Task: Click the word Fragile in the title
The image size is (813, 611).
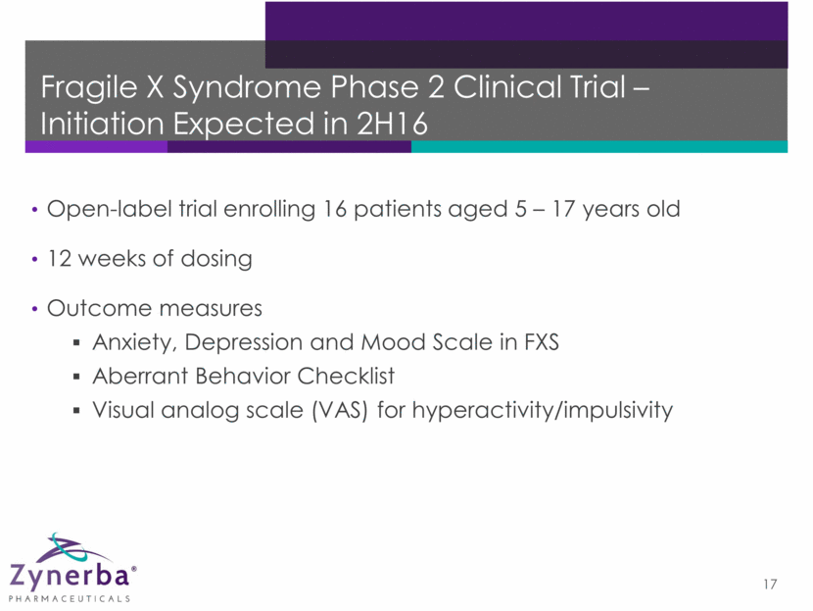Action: point(89,87)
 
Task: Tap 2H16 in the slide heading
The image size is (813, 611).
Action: point(392,124)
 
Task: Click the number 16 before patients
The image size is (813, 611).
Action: point(334,209)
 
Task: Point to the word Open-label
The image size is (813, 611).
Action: point(110,209)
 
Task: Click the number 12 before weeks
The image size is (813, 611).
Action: point(59,259)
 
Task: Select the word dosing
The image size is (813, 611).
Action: point(216,259)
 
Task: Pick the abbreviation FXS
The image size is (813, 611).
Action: point(542,342)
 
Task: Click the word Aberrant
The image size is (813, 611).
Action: point(140,376)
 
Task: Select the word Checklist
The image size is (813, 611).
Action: point(347,376)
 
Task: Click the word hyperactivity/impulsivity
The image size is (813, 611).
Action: point(543,411)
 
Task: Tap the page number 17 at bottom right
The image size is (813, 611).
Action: point(770,585)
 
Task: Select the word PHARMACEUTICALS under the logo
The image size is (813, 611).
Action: point(70,599)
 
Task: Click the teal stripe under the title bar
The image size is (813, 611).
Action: point(599,147)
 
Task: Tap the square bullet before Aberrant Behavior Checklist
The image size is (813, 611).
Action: point(76,377)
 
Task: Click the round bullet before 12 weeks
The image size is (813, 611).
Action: point(34,259)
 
